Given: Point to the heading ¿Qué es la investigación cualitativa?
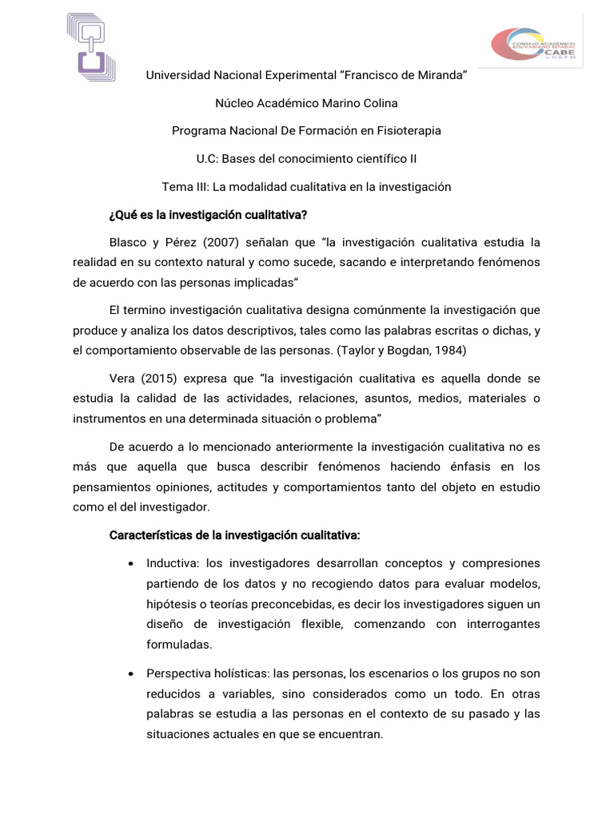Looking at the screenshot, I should click(208, 214).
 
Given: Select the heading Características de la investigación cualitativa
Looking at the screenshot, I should click(234, 534).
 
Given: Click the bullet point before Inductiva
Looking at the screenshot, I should click(130, 563).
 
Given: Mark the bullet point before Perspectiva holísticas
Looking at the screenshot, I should click(130, 675).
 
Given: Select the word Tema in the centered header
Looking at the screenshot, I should click(177, 187).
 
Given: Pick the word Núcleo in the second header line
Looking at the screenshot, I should click(235, 103).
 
